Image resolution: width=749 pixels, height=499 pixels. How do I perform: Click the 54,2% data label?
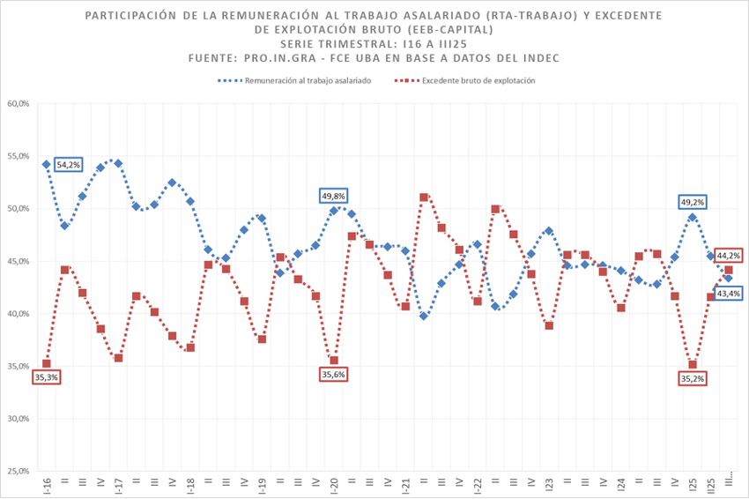[x=68, y=164]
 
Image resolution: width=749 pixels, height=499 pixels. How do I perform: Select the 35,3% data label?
[x=45, y=377]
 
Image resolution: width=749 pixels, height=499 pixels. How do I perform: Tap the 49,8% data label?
[x=335, y=196]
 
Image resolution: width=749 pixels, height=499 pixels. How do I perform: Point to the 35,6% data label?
[x=334, y=374]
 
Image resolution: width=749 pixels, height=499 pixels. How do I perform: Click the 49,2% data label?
[x=693, y=202]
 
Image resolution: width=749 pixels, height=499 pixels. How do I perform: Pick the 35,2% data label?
[x=693, y=378]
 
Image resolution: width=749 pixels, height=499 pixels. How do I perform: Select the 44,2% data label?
[x=728, y=256]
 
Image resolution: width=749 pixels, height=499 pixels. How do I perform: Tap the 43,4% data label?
[x=728, y=293]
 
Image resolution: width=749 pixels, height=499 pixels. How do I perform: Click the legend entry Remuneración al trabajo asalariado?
[x=294, y=80]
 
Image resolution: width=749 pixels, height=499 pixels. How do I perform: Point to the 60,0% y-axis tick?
[x=19, y=104]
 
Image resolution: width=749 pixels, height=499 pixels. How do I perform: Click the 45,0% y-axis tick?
[x=19, y=261]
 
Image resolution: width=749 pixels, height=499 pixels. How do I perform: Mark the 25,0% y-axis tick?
[x=19, y=472]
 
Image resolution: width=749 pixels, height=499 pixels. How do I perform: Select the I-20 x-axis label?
[x=334, y=486]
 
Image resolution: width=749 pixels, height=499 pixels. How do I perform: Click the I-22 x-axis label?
[x=478, y=486]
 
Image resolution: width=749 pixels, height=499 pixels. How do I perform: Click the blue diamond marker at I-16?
[x=46, y=164]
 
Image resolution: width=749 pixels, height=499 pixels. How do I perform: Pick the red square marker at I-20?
[x=334, y=360]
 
